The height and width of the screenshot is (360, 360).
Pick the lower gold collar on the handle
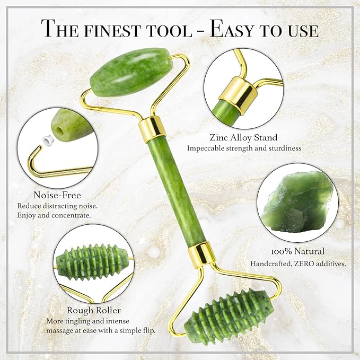point(201,253)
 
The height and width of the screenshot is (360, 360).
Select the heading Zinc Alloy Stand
point(244,138)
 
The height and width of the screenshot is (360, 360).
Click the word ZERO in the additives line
point(304,264)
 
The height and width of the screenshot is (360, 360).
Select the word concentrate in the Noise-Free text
point(74,216)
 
